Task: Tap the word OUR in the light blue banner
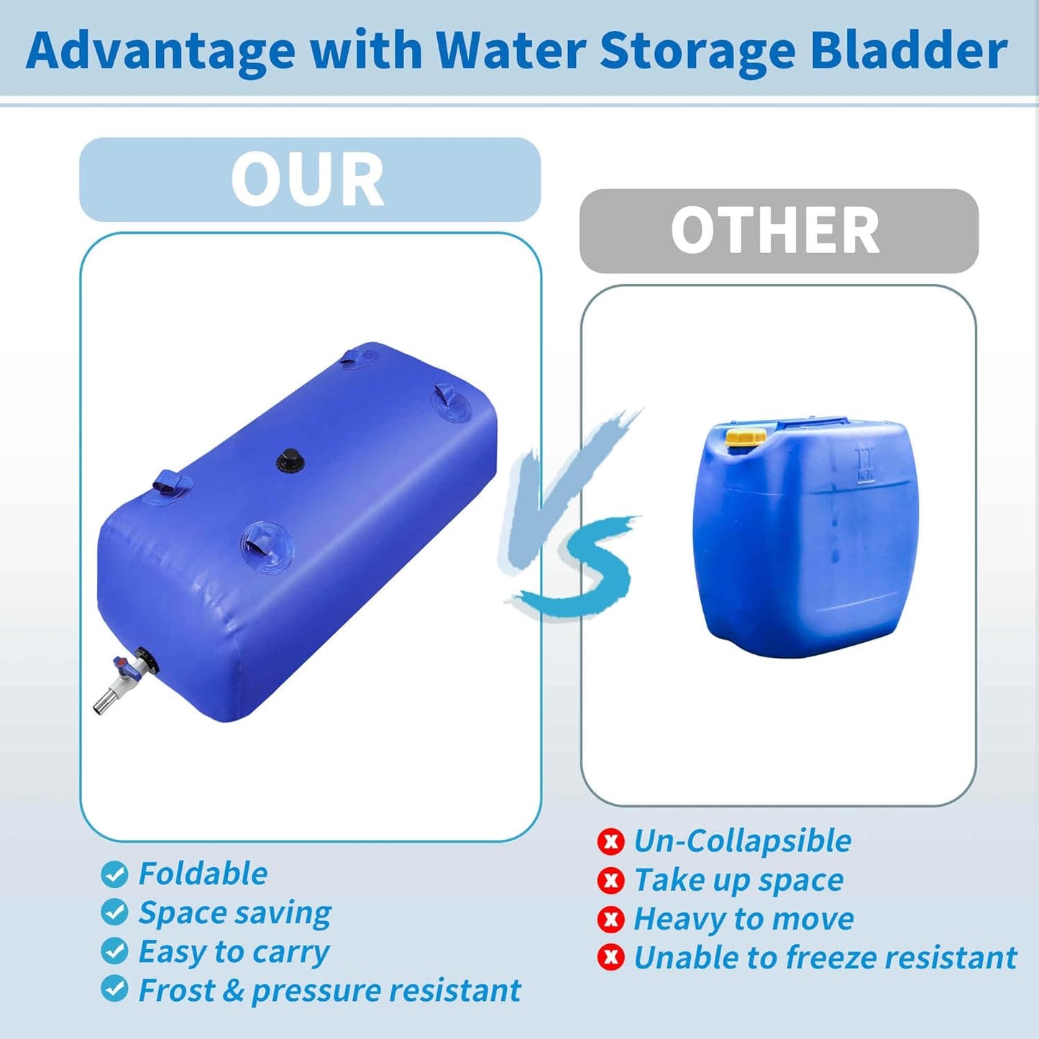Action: [x=308, y=180]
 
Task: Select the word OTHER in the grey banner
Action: [x=775, y=231]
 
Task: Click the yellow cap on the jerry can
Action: [x=746, y=436]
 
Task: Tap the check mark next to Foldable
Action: [x=114, y=874]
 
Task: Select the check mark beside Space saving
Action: [x=114, y=912]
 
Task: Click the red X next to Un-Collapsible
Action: [x=610, y=841]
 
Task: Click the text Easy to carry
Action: [x=234, y=952]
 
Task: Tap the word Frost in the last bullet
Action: [x=176, y=990]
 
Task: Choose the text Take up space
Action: [x=738, y=880]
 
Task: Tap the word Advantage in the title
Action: [x=160, y=52]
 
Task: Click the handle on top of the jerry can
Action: [x=813, y=424]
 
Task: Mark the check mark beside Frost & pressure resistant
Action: [x=114, y=989]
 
